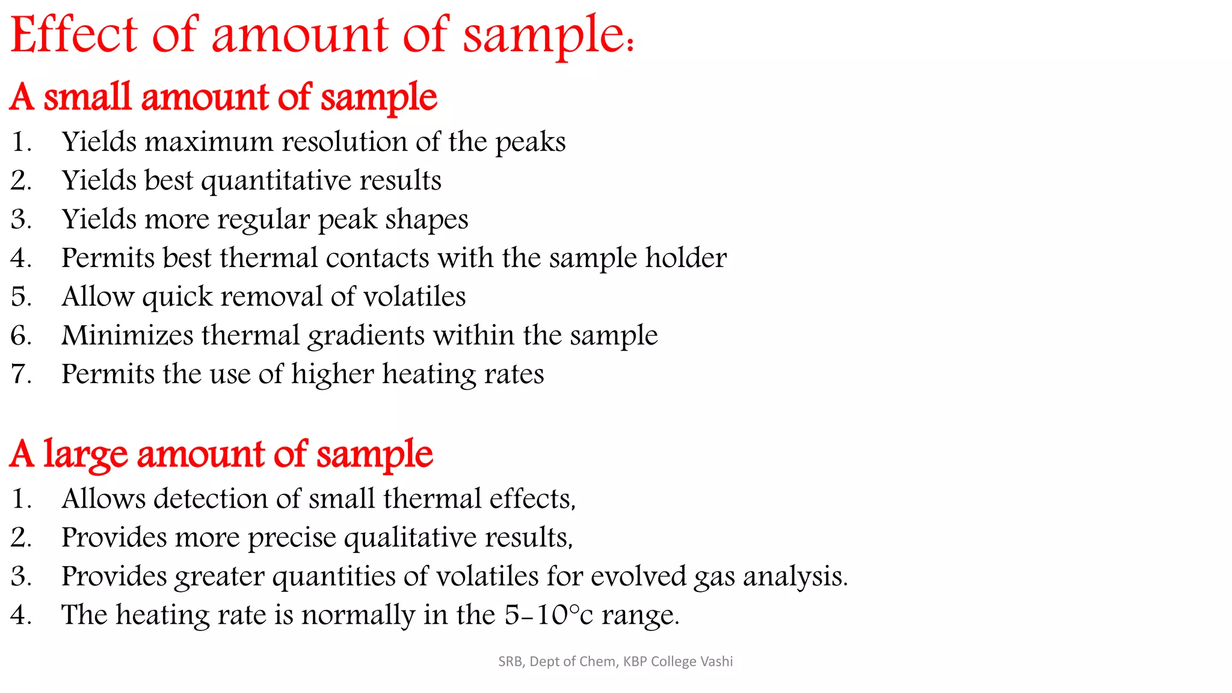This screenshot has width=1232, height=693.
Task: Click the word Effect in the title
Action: [x=74, y=35]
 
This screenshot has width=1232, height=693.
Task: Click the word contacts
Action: [x=377, y=258]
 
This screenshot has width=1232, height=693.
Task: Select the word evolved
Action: [x=638, y=576]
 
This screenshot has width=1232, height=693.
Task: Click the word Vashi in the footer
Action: [x=716, y=662]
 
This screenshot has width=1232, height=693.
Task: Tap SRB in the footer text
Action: [x=511, y=662]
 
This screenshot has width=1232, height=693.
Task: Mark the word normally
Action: [x=358, y=615]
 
